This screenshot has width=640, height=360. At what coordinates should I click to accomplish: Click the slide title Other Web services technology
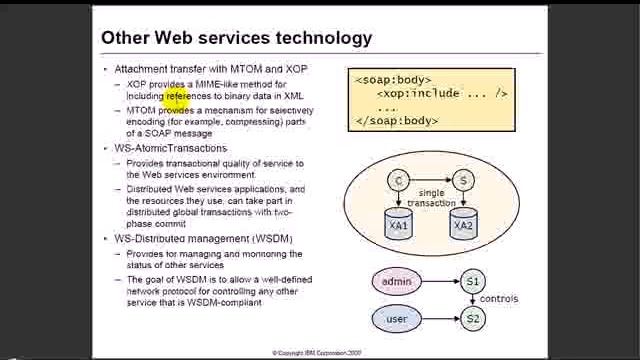point(236,38)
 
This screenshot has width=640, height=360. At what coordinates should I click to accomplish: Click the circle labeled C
point(399,181)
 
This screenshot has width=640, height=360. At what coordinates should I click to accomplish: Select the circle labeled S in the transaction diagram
point(463,181)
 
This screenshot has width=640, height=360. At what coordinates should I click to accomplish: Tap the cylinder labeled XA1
point(399,224)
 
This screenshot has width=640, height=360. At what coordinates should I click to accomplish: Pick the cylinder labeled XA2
point(463,224)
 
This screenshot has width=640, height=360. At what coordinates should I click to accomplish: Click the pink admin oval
point(397,282)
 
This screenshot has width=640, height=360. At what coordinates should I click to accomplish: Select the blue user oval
point(397,319)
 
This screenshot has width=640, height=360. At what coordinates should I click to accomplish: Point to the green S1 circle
point(472,282)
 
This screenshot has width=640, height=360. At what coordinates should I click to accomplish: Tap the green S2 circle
point(472,319)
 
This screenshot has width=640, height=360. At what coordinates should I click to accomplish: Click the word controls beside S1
point(499,298)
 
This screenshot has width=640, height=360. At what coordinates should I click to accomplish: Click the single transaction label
point(431,197)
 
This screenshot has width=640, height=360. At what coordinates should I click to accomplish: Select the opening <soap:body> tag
point(393,79)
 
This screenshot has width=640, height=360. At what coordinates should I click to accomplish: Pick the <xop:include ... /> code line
point(442,93)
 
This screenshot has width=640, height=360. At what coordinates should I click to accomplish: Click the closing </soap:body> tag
point(396,120)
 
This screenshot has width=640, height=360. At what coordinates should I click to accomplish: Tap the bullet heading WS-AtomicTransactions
point(170,148)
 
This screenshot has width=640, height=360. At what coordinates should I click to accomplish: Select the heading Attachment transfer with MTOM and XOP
point(211,69)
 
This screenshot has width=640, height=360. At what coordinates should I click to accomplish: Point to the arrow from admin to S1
point(440,282)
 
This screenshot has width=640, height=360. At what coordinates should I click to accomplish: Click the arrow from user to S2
point(440,319)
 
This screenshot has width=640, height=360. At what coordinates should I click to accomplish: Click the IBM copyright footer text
point(318,353)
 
